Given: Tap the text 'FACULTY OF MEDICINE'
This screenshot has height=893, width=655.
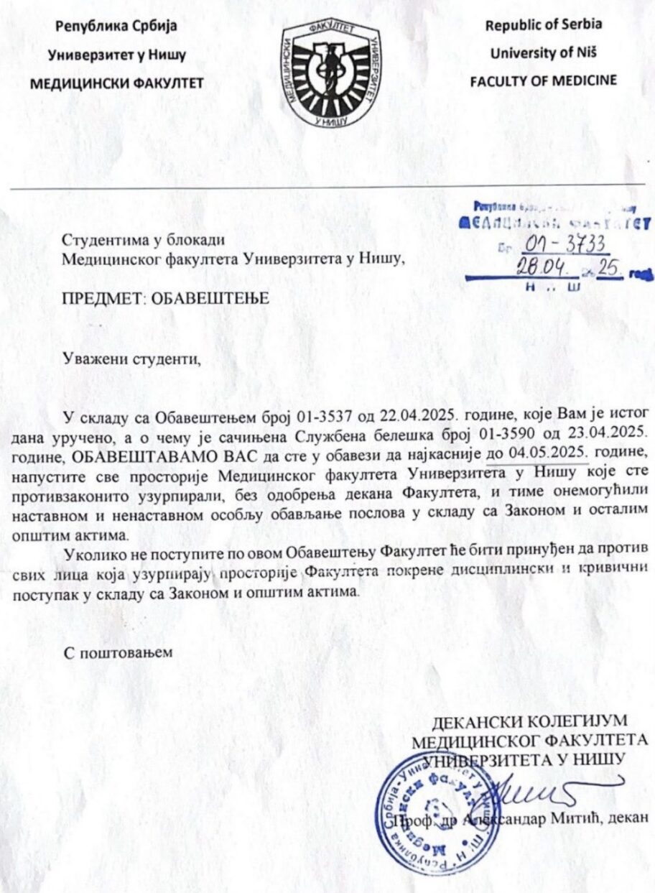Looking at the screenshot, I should (543, 80).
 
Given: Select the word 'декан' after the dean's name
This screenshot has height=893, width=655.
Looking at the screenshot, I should (629, 817).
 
